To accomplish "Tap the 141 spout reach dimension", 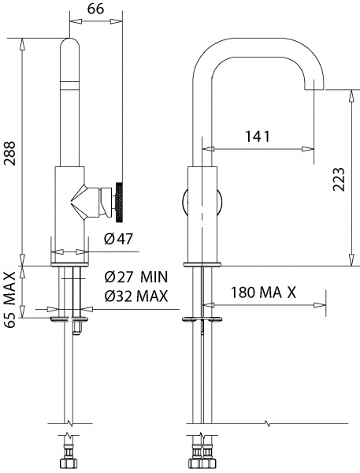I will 256,136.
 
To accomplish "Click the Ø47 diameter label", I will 118,239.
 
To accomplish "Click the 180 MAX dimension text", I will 263,292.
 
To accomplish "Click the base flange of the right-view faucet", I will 202,263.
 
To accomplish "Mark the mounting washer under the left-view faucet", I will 70,319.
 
